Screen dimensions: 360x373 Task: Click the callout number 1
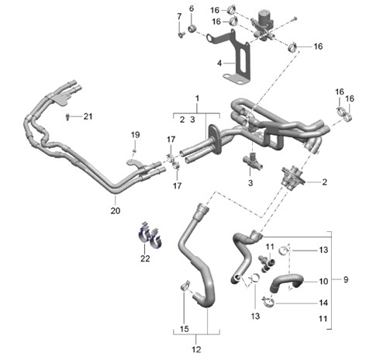197,99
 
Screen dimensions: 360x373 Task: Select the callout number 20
116,209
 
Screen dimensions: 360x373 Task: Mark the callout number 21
88,116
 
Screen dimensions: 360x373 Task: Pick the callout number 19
135,133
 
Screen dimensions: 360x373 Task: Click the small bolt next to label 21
70,116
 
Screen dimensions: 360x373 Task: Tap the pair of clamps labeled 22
149,235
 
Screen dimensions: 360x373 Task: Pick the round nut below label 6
193,30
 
